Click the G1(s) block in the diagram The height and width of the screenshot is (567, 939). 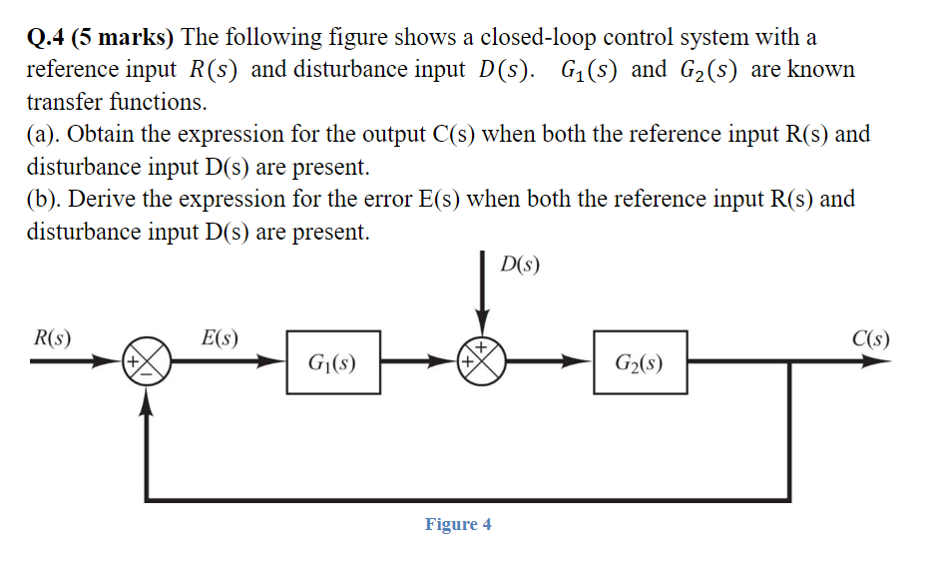(x=332, y=364)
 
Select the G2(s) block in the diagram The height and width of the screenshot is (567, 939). (x=640, y=364)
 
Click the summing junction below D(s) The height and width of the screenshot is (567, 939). (x=484, y=364)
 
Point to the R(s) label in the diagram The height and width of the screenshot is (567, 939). (x=52, y=336)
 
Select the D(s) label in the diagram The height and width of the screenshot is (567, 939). (x=520, y=266)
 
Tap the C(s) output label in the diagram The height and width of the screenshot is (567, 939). (x=871, y=336)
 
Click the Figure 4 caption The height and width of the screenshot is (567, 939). (x=458, y=524)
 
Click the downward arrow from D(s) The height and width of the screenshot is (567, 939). (x=484, y=299)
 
